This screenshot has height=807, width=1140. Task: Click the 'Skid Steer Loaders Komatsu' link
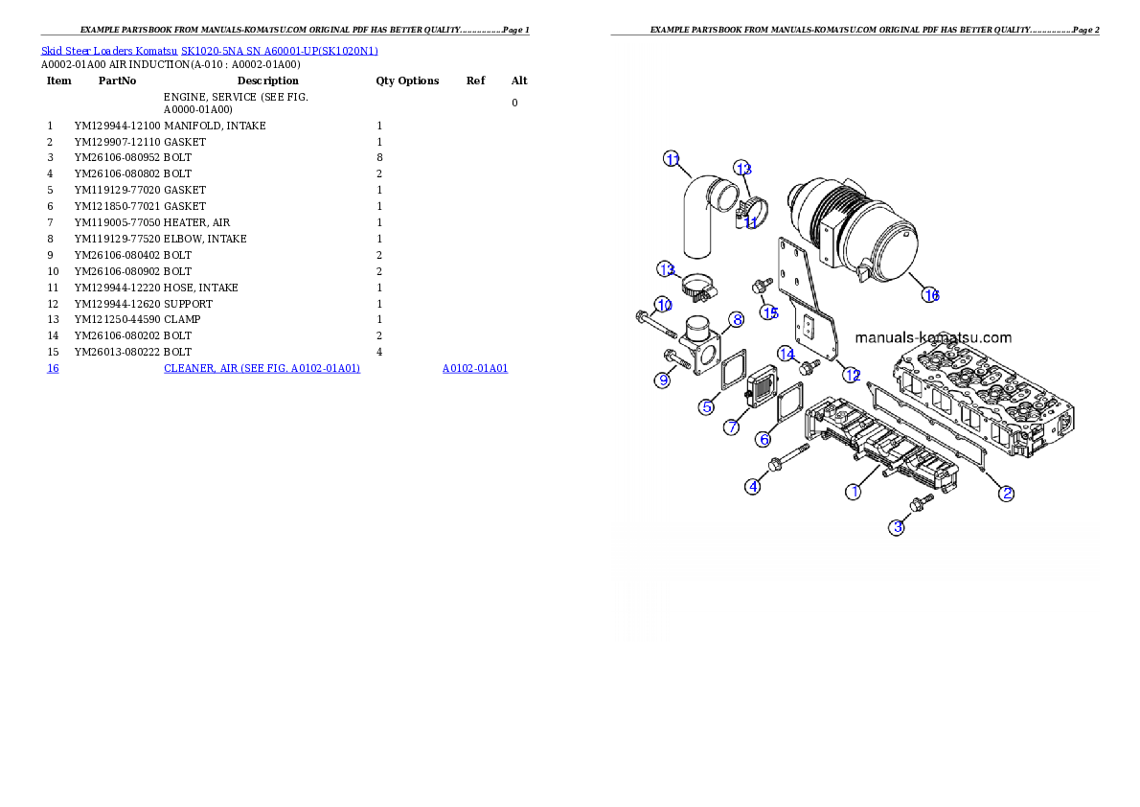(x=109, y=51)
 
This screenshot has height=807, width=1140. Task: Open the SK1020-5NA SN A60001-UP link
(x=279, y=51)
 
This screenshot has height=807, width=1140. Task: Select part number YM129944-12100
(x=117, y=126)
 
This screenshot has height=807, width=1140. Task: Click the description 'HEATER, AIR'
(x=196, y=222)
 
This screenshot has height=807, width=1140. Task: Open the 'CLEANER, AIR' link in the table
(x=262, y=368)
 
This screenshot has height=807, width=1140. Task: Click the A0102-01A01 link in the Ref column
(x=475, y=368)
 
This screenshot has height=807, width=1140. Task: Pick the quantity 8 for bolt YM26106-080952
(x=379, y=158)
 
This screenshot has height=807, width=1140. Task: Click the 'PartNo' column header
(x=117, y=81)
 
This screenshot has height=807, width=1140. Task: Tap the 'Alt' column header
(x=519, y=81)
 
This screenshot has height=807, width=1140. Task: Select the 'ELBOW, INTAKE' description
(x=205, y=239)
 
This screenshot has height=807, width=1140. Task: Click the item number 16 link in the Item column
(x=53, y=368)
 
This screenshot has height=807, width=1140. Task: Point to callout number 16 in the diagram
(x=930, y=294)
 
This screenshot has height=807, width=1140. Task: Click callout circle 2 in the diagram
(x=1006, y=494)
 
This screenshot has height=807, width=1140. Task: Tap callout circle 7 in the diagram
(x=731, y=427)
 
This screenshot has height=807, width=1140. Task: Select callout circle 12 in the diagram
(x=852, y=375)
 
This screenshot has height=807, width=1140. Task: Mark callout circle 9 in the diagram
(x=662, y=380)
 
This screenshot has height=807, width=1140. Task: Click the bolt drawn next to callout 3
(x=922, y=503)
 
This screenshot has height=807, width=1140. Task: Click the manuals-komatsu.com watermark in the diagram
(x=933, y=337)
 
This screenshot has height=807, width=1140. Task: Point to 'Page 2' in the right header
(x=1085, y=30)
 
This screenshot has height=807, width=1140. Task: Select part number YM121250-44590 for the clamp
(x=117, y=319)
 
